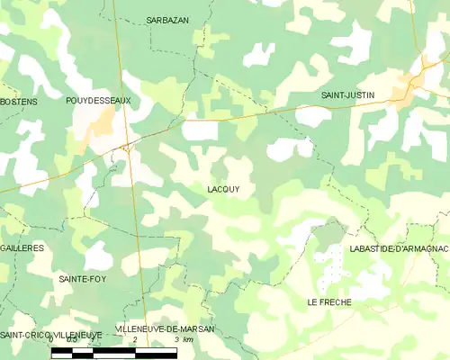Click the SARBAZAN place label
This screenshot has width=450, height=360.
point(167,19)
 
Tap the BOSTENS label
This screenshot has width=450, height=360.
point(20,102)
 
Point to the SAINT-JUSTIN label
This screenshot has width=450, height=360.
point(348,94)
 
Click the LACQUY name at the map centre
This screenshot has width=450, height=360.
point(222,189)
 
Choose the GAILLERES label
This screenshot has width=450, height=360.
point(22,247)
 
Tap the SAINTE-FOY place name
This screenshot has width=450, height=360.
point(84,279)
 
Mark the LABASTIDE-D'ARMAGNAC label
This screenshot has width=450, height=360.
point(399,248)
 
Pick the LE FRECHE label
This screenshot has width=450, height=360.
point(329,301)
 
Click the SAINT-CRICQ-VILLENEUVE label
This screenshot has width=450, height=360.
point(50,335)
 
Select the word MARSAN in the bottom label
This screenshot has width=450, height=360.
point(195,329)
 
